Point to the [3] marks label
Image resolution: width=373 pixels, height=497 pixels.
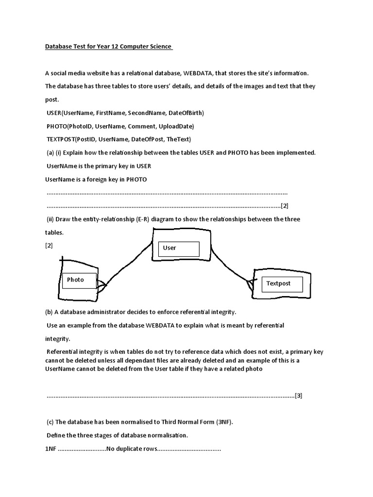298,396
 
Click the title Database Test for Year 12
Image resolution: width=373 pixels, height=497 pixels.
108,47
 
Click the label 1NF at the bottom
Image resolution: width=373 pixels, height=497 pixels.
51,449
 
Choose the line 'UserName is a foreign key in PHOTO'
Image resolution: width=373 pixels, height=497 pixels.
96,180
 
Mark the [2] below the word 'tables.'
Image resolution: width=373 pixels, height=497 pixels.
49,246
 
